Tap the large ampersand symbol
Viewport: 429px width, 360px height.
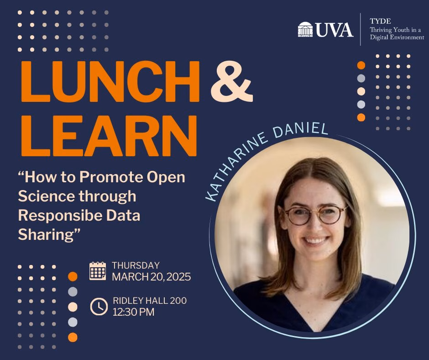tap(232, 81)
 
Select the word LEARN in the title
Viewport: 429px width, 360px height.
tap(109, 136)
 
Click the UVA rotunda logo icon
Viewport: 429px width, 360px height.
tap(305, 29)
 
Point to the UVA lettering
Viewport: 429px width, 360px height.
tap(335, 30)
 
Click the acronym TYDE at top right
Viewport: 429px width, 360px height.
tap(380, 21)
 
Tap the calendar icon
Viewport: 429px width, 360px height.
tap(98, 271)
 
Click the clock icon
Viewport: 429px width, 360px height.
tap(99, 307)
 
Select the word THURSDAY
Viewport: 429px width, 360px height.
tap(136, 265)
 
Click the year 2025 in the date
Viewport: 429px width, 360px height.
tap(178, 277)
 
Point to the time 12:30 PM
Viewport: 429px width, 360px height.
tap(134, 312)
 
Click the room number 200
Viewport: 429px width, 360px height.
tap(178, 301)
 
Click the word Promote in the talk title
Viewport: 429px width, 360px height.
tap(111, 177)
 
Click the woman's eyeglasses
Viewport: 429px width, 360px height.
tap(315, 215)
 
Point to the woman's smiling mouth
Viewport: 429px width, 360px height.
tap(315, 241)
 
